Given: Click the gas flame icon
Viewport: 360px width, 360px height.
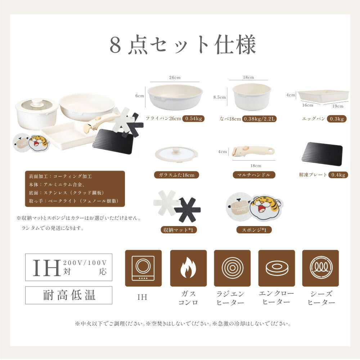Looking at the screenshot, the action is pyautogui.click(x=188, y=268).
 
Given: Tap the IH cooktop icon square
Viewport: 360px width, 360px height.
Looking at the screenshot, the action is pyautogui.click(x=143, y=268).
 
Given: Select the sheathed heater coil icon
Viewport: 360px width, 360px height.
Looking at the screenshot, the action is pyautogui.click(x=320, y=268).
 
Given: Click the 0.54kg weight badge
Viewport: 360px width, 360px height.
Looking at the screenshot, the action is pyautogui.click(x=194, y=118).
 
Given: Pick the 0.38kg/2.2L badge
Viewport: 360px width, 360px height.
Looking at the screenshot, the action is pyautogui.click(x=259, y=119).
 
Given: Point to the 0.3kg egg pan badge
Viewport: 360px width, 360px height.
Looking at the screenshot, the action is pyautogui.click(x=337, y=119).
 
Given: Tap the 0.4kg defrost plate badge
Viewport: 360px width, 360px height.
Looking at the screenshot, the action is pyautogui.click(x=338, y=175).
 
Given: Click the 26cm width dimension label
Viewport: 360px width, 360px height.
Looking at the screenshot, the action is pyautogui.click(x=175, y=78).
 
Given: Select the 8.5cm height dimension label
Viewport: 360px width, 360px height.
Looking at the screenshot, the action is pyautogui.click(x=220, y=97).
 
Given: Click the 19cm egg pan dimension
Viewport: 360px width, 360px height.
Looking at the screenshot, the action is pyautogui.click(x=338, y=106).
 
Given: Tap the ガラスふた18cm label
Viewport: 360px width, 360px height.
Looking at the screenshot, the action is pyautogui.click(x=176, y=175).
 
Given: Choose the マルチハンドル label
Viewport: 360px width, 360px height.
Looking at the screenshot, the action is pyautogui.click(x=254, y=175).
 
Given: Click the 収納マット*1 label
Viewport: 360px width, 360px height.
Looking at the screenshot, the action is pyautogui.click(x=179, y=230).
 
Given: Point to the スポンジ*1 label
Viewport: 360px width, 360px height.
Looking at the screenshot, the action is pyautogui.click(x=254, y=230).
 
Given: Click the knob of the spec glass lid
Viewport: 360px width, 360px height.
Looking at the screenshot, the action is pyautogui.click(x=176, y=150).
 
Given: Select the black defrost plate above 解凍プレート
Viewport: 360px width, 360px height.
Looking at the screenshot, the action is pyautogui.click(x=322, y=154).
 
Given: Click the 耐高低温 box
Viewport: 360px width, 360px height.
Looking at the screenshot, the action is pyautogui.click(x=69, y=295).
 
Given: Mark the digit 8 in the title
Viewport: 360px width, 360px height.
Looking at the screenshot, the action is pyautogui.click(x=115, y=45).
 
